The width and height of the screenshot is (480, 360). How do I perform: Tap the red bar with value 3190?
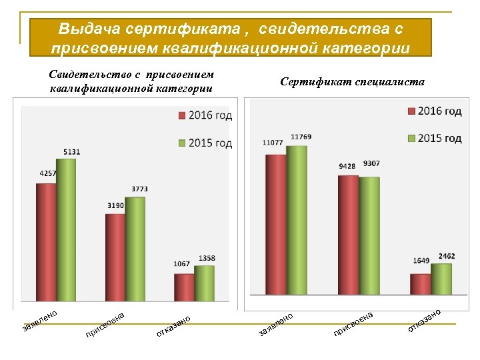point(115,257)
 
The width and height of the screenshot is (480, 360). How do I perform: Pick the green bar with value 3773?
point(135,248)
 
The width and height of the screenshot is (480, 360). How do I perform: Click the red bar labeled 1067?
point(184,287)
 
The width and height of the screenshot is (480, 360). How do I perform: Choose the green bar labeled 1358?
point(204,283)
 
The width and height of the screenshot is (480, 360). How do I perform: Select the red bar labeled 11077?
point(275,224)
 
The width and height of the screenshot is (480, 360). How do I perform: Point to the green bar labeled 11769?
point(297,219)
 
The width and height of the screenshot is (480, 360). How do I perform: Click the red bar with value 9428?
point(348,234)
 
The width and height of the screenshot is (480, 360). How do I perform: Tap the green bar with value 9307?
point(369,235)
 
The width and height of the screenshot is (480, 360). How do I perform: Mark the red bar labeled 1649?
point(420,283)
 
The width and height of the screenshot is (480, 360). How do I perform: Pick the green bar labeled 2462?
point(441,278)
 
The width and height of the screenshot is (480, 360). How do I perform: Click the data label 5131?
point(72,152)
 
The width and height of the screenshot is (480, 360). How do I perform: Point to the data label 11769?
point(301,137)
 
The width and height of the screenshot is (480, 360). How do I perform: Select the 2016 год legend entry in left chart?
point(204,116)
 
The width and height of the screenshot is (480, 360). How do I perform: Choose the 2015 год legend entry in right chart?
point(433,138)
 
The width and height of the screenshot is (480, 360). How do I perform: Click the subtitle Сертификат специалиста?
point(352,82)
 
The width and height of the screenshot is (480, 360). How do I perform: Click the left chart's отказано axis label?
point(174,325)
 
